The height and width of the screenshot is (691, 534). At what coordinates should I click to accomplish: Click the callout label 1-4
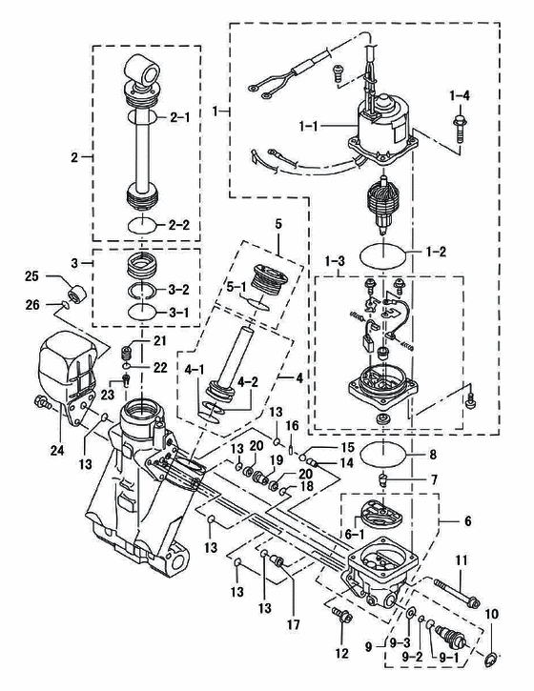pyautogui.click(x=460, y=95)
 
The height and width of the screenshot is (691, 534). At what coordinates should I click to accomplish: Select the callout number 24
pyautogui.click(x=57, y=451)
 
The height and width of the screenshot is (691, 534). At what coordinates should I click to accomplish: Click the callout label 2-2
pyautogui.click(x=178, y=225)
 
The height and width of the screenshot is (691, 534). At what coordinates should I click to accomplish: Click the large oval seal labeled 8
pyautogui.click(x=382, y=455)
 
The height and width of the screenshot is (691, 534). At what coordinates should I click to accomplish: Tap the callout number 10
pyautogui.click(x=492, y=614)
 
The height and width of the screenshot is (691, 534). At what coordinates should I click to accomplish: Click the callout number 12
pyautogui.click(x=342, y=653)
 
